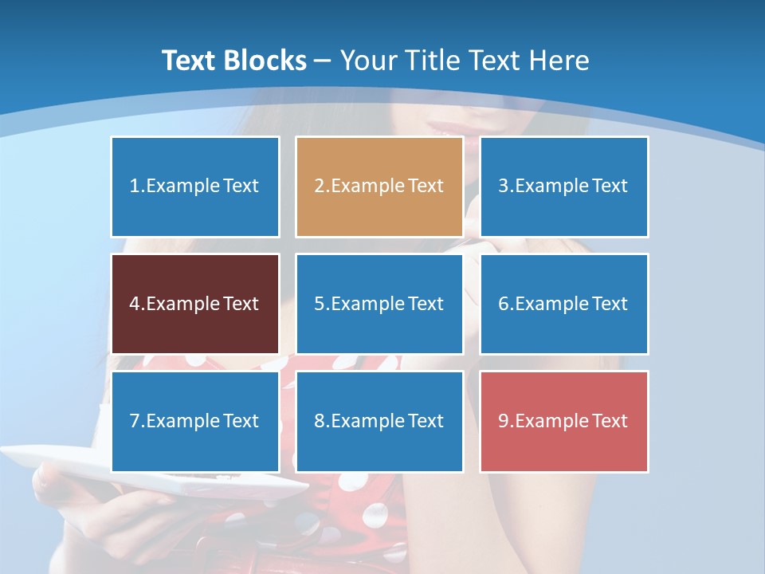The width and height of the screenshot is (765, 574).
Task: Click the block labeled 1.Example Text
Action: point(195,187)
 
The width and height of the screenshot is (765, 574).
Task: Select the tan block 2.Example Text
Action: point(379,187)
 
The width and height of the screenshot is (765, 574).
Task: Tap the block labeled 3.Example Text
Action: point(564,187)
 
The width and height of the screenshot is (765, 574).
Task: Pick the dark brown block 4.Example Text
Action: point(195,304)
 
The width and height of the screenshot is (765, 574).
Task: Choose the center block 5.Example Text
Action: point(379,304)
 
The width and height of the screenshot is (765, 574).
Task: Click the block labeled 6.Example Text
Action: point(564,304)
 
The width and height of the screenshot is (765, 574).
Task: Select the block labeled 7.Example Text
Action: point(195,421)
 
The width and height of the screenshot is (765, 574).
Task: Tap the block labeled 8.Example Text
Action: point(379,421)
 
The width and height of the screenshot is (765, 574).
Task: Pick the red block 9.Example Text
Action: point(564,421)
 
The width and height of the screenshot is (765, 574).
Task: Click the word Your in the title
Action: point(367,61)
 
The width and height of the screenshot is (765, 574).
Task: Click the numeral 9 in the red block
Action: point(504,421)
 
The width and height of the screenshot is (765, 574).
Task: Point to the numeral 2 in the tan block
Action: point(319,187)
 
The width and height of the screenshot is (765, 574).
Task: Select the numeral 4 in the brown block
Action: point(135,304)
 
